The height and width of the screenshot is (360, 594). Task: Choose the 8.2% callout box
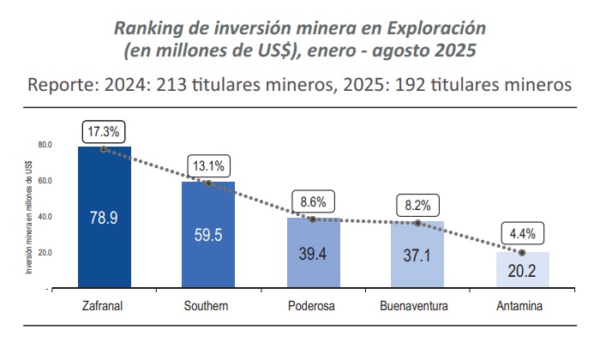[417, 206]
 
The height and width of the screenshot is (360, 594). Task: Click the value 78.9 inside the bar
[104, 218]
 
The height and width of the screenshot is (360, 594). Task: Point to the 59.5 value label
[208, 235]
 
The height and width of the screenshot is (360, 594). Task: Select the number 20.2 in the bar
[522, 272]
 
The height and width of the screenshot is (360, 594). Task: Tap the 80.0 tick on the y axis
[44, 145]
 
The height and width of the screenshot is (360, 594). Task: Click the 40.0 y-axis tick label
[44, 217]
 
